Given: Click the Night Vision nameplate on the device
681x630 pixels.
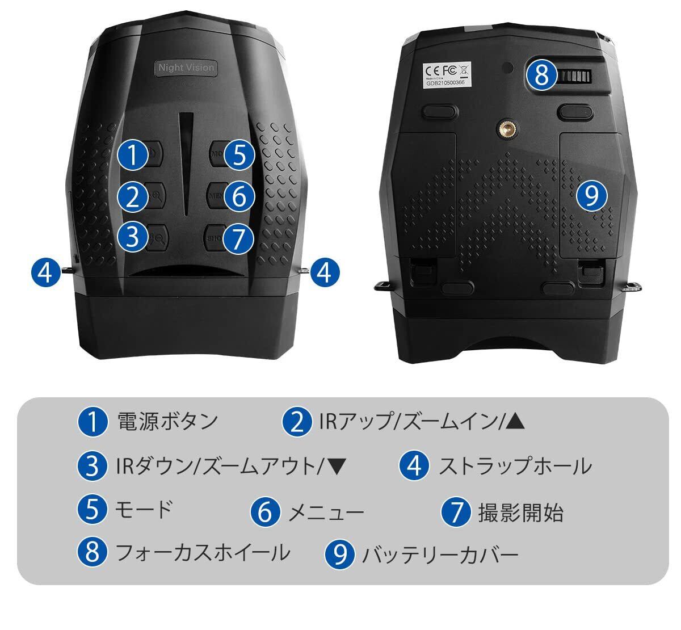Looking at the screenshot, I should click(186, 68).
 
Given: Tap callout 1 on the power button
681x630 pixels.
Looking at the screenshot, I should click(132, 155).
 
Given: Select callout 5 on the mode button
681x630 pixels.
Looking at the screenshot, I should click(239, 155).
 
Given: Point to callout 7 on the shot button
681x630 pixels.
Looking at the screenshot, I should click(238, 239).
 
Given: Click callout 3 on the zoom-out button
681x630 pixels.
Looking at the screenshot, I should click(133, 237).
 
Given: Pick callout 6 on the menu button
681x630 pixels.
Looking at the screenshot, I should click(239, 196).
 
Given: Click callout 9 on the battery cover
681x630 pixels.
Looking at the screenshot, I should click(591, 196).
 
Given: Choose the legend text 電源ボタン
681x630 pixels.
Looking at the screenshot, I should click(167, 422).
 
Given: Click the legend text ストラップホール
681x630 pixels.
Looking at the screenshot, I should click(515, 466).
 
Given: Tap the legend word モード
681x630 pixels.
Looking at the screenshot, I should click(143, 510).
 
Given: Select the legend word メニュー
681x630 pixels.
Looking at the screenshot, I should click(326, 512).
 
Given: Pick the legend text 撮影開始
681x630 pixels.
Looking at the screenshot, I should click(520, 512).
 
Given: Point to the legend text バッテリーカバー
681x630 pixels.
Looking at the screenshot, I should click(440, 555).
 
